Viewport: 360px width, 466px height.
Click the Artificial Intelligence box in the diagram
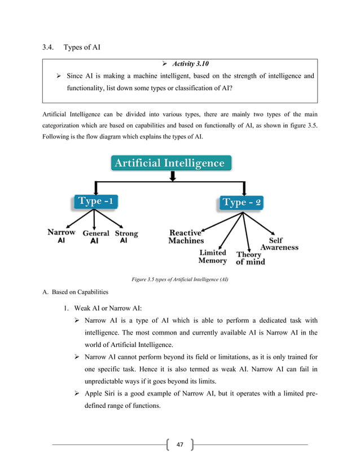click(170, 164)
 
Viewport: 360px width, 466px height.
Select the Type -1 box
click(98, 201)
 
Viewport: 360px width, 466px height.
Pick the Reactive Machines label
click(186, 236)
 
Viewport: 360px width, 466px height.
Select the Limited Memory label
click(212, 257)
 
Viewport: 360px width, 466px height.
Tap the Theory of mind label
click(250, 258)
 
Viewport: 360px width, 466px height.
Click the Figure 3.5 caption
click(179, 280)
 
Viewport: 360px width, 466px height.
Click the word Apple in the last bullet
click(94, 395)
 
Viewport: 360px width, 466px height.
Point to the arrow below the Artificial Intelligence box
click(173, 177)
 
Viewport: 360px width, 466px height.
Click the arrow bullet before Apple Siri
click(78, 395)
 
